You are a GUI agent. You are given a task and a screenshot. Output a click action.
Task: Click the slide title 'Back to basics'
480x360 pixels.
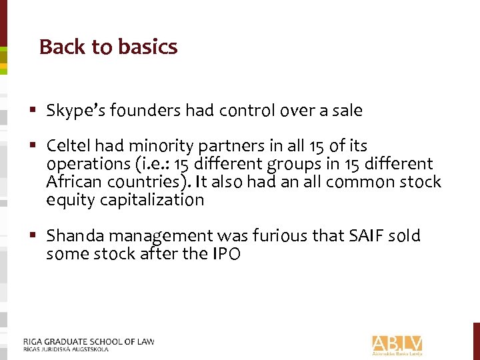pyautogui.click(x=108, y=47)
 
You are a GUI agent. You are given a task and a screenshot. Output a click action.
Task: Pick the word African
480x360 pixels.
pyautogui.click(x=72, y=182)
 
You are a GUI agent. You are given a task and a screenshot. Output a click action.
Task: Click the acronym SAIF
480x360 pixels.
pyautogui.click(x=363, y=236)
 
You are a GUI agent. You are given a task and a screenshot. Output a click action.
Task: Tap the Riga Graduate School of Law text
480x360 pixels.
pyautogui.click(x=88, y=341)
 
